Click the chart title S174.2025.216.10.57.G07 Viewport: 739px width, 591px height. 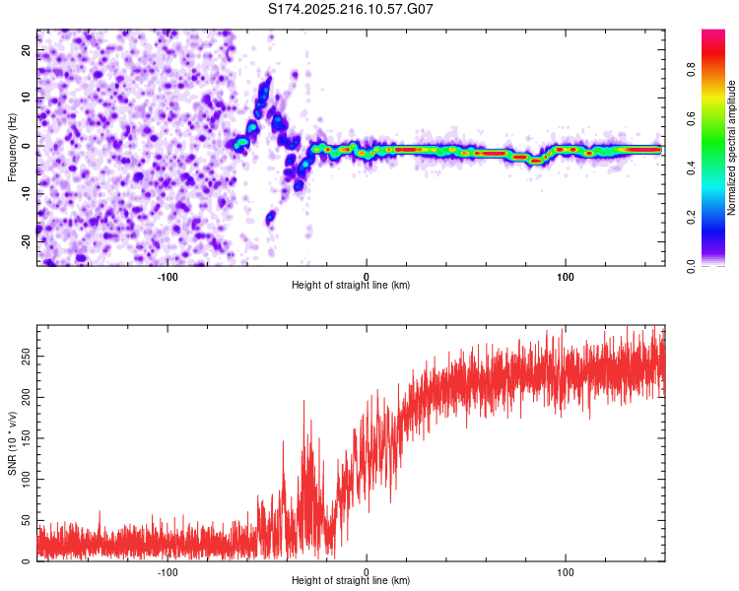350,9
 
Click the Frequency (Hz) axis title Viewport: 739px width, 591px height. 12,148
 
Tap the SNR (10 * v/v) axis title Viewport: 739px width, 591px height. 12,443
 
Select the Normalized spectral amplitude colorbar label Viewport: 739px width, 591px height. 731,148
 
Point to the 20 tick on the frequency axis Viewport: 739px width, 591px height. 26,50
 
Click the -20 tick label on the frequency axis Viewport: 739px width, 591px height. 26,242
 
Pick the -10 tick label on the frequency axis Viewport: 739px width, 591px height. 26,194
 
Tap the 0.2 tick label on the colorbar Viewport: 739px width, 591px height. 691,218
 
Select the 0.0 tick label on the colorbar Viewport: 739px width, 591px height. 691,266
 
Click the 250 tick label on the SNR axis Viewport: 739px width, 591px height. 26,357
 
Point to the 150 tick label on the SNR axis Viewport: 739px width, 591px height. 26,438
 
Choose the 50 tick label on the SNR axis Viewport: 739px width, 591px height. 26,520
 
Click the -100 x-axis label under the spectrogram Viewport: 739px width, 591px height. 167,277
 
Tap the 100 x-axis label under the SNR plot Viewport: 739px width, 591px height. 566,572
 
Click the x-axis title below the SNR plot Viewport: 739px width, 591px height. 351,580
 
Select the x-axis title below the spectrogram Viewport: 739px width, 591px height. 351,285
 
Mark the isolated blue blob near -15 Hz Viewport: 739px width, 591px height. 270,218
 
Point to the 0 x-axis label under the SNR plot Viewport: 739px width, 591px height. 367,572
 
